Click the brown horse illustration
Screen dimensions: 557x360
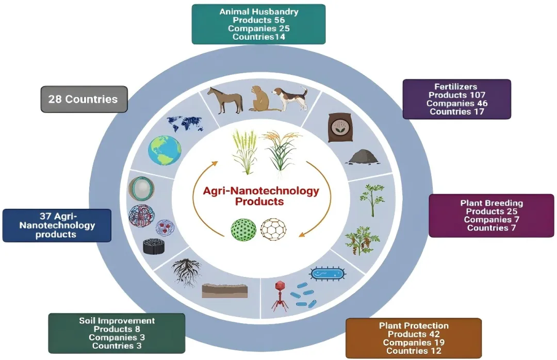tap(225, 99)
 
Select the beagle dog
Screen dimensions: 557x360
tap(291, 99)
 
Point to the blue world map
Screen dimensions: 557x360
tap(185, 123)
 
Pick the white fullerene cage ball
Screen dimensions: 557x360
tap(272, 228)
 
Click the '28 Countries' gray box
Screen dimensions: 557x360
tap(84, 99)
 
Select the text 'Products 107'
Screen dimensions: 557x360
tap(457, 95)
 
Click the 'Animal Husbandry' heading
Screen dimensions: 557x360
tap(258, 11)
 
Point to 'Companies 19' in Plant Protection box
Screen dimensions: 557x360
tap(414, 342)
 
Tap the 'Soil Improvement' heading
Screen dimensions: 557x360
tap(117, 321)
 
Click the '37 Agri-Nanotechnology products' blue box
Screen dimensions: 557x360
tap(57, 225)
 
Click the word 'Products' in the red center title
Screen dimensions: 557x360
tap(259, 201)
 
